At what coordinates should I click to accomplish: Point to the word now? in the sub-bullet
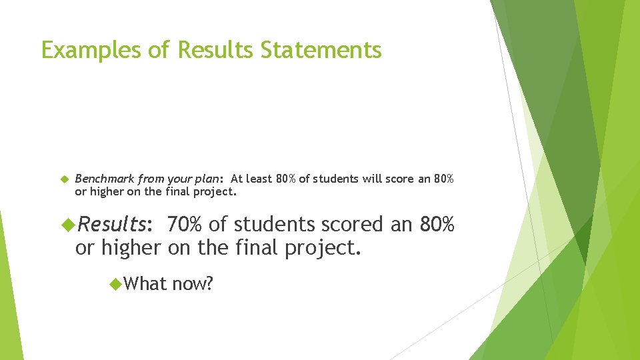[193, 285]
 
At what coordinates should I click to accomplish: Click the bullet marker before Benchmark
[65, 179]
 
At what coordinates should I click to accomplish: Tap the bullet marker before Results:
[67, 224]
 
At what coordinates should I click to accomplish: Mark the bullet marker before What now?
[114, 284]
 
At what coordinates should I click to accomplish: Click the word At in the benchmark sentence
[237, 179]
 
